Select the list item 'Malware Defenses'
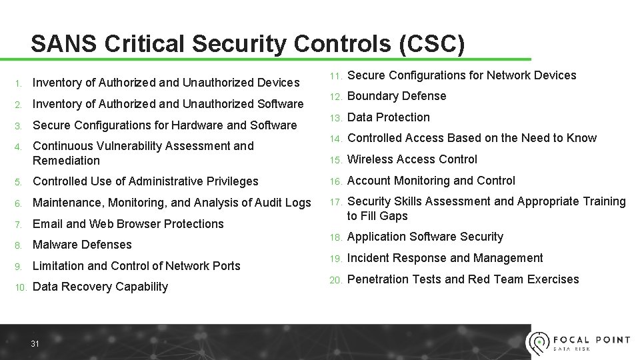[82, 245]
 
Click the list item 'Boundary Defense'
[397, 96]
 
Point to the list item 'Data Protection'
[389, 117]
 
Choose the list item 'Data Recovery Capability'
[100, 287]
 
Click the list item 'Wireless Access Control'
[412, 159]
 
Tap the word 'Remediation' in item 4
[66, 161]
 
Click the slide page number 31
[35, 344]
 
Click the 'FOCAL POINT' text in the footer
[591, 340]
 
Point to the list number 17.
[335, 202]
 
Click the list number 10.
[20, 287]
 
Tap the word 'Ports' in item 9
[225, 266]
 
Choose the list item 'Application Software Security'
[425, 237]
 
